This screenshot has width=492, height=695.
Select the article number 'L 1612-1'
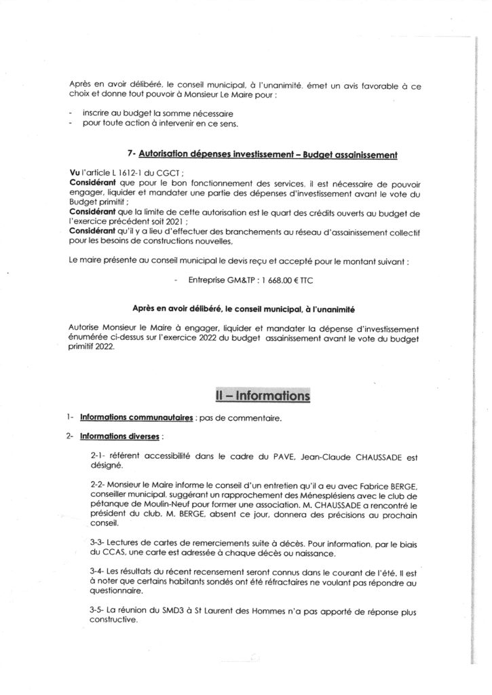pos(126,173)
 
